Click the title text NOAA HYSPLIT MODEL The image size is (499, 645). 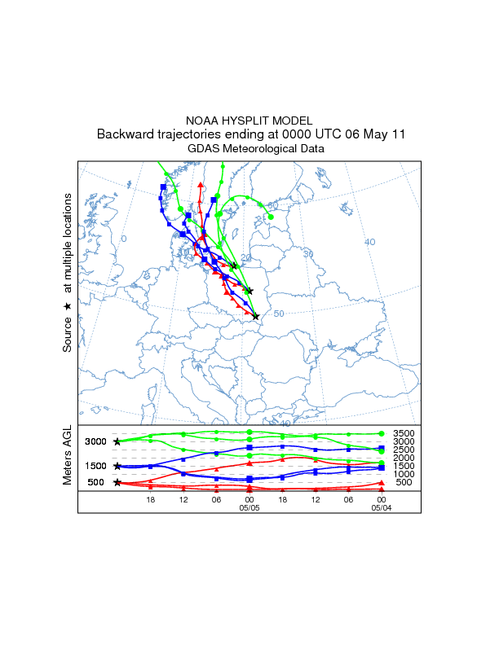[x=249, y=121]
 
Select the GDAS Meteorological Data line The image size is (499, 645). [x=256, y=149]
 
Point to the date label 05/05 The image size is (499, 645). [x=249, y=507]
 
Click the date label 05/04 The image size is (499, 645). [x=381, y=507]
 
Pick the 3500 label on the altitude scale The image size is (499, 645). [x=403, y=433]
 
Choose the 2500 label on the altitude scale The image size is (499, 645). [x=403, y=450]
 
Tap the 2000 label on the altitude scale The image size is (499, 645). [x=403, y=458]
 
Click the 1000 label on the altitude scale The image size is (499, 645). [x=403, y=474]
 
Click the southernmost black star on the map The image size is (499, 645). [x=255, y=316]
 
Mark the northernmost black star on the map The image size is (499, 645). [x=235, y=265]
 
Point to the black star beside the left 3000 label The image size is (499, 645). [x=117, y=441]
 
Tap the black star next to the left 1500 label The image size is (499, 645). [x=117, y=466]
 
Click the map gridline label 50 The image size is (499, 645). [x=279, y=314]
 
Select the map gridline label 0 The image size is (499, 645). [x=124, y=239]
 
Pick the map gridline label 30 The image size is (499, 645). [x=308, y=254]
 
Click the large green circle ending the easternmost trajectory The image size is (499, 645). [x=271, y=217]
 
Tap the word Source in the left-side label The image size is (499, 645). [x=68, y=334]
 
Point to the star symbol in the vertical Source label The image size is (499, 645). [x=68, y=305]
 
